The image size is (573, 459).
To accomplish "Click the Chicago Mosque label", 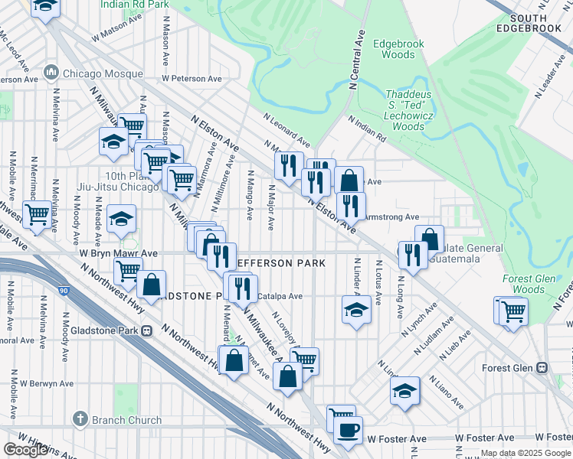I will [x=93, y=73].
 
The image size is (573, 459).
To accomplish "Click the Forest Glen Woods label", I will [x=529, y=285].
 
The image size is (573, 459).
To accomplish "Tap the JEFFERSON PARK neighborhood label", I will [x=280, y=262].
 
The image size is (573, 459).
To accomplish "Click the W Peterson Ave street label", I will [x=192, y=79].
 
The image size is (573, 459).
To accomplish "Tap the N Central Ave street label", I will [x=358, y=57].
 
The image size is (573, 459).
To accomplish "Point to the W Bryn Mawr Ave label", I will [x=118, y=253].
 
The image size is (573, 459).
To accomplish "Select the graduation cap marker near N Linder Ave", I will [x=356, y=309].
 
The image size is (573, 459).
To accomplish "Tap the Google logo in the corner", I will [x=25, y=450].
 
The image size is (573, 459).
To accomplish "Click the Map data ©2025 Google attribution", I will [x=526, y=453].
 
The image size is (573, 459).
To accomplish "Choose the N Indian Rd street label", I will [x=367, y=129].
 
